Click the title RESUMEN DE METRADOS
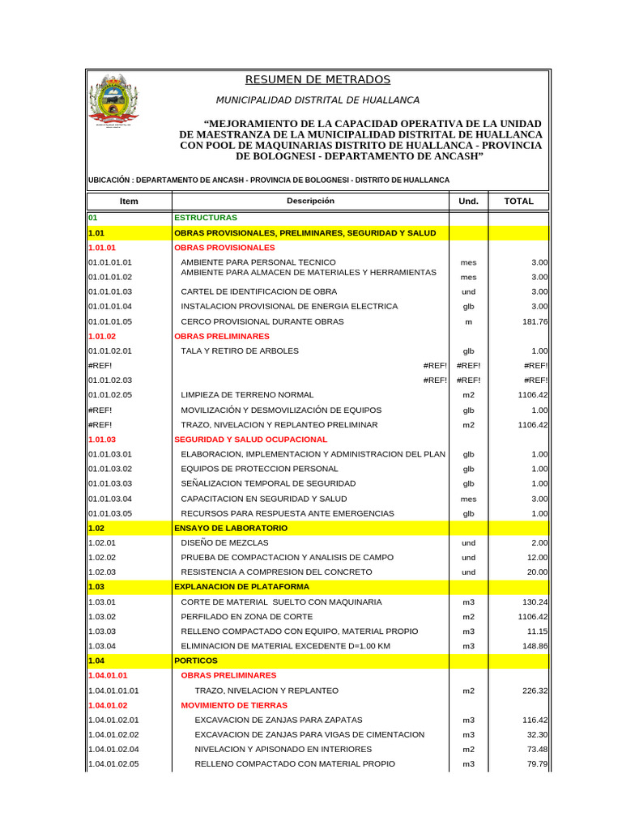tap(317, 79)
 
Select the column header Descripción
tap(309, 201)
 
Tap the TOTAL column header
tap(518, 201)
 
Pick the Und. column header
tap(468, 201)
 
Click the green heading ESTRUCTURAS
tap(206, 218)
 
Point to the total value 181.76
tap(535, 321)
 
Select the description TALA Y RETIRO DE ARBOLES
tap(240, 351)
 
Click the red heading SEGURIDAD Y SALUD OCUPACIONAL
tap(250, 439)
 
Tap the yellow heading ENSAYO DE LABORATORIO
tap(231, 528)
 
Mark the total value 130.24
tap(535, 602)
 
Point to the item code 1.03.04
tap(102, 646)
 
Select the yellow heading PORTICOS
tap(195, 661)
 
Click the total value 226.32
tap(535, 691)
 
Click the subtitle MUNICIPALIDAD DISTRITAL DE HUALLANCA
tap(317, 100)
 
